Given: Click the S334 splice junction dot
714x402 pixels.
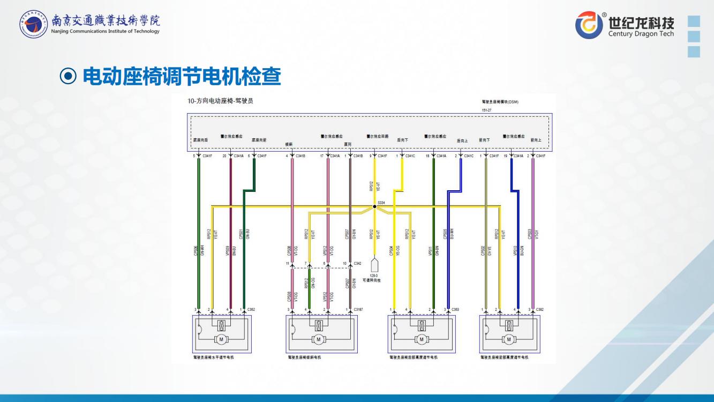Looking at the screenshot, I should [374, 206].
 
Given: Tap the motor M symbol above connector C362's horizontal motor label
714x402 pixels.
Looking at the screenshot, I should [220, 339].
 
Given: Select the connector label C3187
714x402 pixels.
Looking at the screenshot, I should [359, 310].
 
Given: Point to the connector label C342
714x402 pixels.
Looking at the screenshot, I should [358, 263].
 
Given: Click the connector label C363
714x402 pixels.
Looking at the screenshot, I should [455, 310].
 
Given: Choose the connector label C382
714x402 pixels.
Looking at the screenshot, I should [540, 310].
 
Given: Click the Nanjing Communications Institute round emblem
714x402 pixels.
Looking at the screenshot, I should [33, 26].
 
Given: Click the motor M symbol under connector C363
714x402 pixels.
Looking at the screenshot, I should [422, 339].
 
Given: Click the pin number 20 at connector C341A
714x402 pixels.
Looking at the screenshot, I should [224, 156].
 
